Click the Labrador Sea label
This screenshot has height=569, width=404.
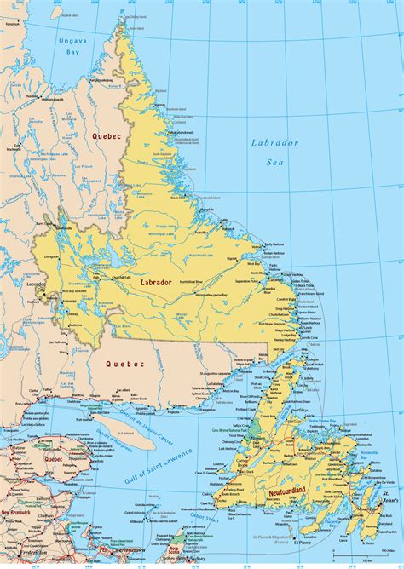click(274, 152)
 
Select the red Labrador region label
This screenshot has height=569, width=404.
click(157, 282)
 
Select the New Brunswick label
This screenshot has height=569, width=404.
click(17, 514)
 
